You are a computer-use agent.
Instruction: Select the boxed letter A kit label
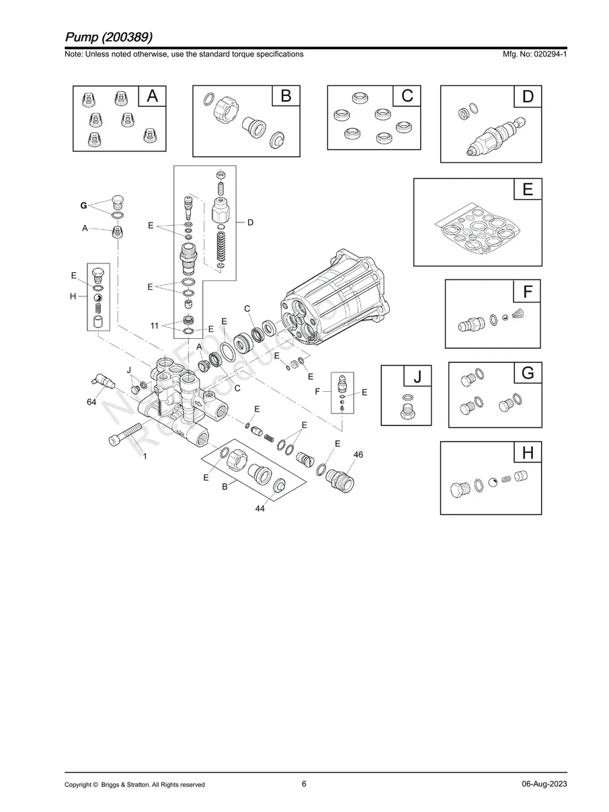point(153,97)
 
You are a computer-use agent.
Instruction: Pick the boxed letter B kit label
point(286,97)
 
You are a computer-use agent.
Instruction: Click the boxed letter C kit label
point(407,97)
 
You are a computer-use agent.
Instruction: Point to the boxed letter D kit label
point(528,97)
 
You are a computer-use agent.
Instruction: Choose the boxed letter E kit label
point(528,190)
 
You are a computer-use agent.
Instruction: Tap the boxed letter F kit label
point(528,292)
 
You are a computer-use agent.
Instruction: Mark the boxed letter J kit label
point(417,377)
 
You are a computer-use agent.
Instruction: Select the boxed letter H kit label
point(528,453)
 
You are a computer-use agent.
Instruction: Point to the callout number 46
point(358,455)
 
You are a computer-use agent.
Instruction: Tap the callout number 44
point(259,510)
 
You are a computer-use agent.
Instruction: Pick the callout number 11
point(155,325)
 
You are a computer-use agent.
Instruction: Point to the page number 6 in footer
point(304,784)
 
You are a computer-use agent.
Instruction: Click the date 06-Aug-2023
point(543,784)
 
